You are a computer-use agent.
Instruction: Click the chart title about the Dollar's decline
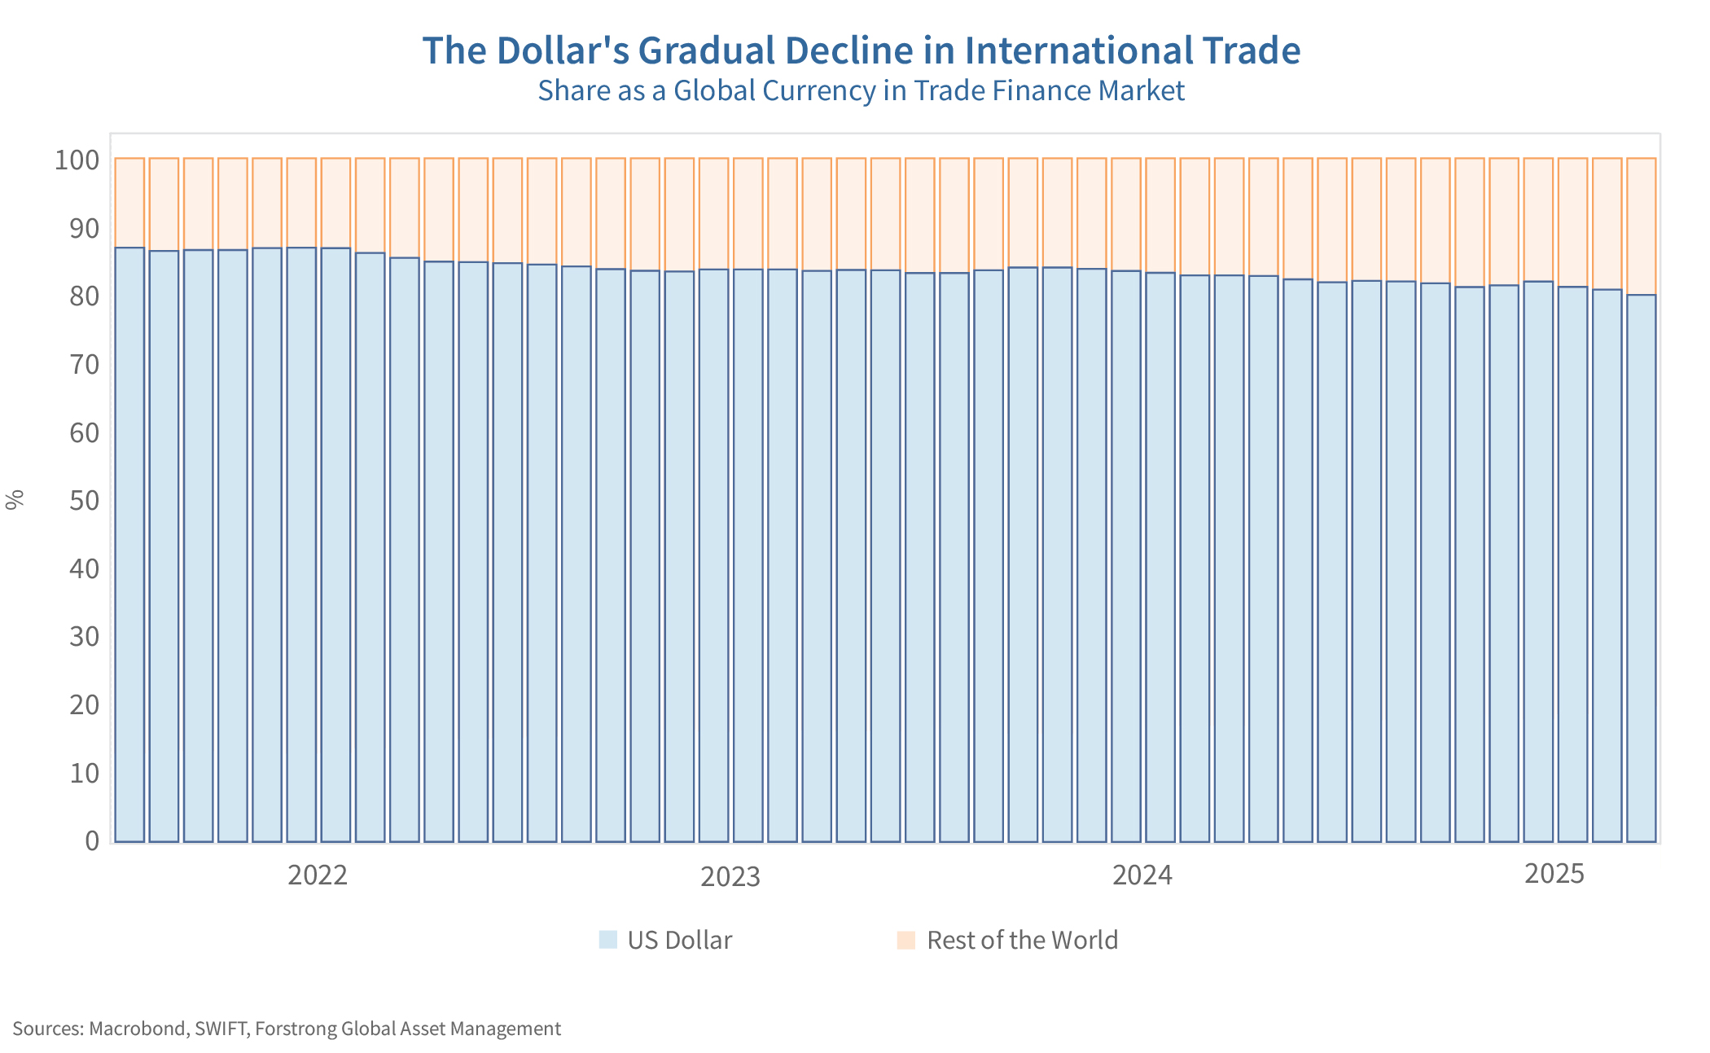pyautogui.click(x=861, y=50)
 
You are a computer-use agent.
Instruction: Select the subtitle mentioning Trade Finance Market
pyautogui.click(x=861, y=90)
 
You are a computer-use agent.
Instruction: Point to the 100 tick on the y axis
pyautogui.click(x=77, y=160)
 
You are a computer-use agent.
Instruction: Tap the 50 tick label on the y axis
pyautogui.click(x=84, y=500)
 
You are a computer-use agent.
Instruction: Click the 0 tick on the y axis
pyautogui.click(x=92, y=840)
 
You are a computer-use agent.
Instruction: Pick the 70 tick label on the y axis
pyautogui.click(x=84, y=364)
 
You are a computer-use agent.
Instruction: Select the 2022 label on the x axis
pyautogui.click(x=318, y=875)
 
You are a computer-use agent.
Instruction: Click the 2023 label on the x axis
pyautogui.click(x=730, y=877)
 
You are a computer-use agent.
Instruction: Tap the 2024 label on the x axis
pyautogui.click(x=1142, y=875)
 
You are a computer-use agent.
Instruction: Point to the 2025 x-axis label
pyautogui.click(x=1554, y=874)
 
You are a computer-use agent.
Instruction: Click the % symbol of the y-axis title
pyautogui.click(x=15, y=500)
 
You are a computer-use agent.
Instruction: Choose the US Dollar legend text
pyautogui.click(x=679, y=941)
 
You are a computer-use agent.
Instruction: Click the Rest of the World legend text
pyautogui.click(x=1022, y=941)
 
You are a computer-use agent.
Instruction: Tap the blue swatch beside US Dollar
pyautogui.click(x=608, y=940)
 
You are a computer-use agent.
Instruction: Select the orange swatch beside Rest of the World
pyautogui.click(x=906, y=940)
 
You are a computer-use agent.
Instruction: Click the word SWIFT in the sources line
pyautogui.click(x=221, y=1029)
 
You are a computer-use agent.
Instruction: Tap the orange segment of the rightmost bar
pyautogui.click(x=1641, y=226)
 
